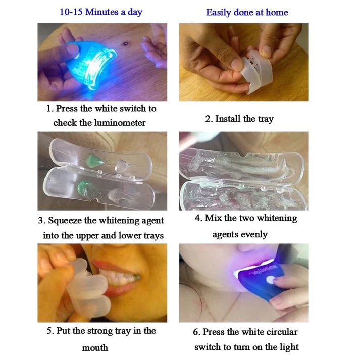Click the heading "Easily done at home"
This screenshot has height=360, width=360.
pyautogui.click(x=246, y=12)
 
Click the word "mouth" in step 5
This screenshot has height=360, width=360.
pyautogui.click(x=95, y=348)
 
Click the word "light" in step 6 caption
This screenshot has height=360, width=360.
pyautogui.click(x=286, y=347)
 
